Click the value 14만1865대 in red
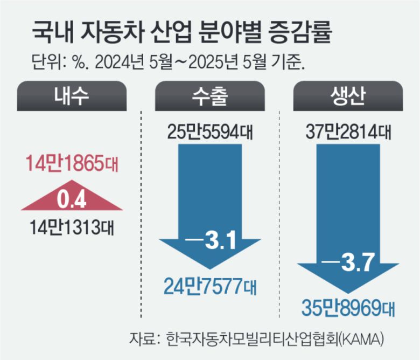pyautogui.click(x=72, y=162)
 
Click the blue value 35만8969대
pyautogui.click(x=348, y=309)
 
